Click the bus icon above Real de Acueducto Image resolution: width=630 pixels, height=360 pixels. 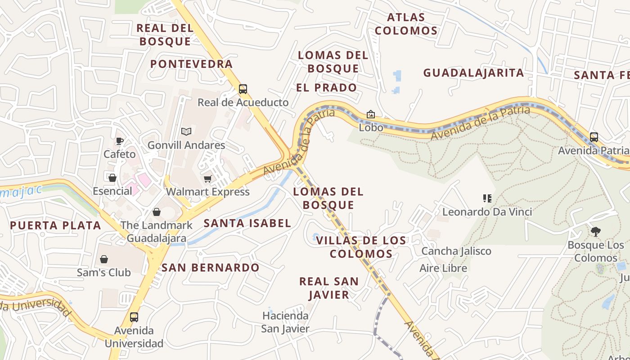pyautogui.click(x=243, y=89)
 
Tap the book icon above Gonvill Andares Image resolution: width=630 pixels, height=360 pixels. pyautogui.click(x=186, y=131)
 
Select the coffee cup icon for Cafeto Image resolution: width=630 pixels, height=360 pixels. pyautogui.click(x=119, y=141)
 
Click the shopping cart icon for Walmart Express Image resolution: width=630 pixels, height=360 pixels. pyautogui.click(x=207, y=179)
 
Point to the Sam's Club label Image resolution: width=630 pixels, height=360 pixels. pyautogui.click(x=104, y=272)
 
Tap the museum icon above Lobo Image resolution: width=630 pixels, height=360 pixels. pyautogui.click(x=370, y=114)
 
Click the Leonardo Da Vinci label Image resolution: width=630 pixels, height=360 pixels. pyautogui.click(x=487, y=211)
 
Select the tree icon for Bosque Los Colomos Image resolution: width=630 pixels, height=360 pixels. pyautogui.click(x=595, y=232)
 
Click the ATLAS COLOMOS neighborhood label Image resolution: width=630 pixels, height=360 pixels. pyautogui.click(x=406, y=24)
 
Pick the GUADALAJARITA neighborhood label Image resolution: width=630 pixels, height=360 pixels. pyautogui.click(x=474, y=72)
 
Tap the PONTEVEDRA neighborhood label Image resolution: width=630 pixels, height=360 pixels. pyautogui.click(x=191, y=64)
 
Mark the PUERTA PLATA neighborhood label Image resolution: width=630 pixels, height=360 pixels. pyautogui.click(x=56, y=225)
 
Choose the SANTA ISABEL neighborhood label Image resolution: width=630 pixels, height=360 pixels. pyautogui.click(x=247, y=223)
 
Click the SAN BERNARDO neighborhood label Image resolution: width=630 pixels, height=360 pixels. pyautogui.click(x=211, y=268)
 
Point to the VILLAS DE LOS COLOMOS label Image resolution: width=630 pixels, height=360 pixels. pyautogui.click(x=361, y=247)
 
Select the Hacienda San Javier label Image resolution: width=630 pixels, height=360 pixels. pyautogui.click(x=286, y=322)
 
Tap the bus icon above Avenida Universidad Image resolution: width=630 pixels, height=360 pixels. pyautogui.click(x=134, y=317)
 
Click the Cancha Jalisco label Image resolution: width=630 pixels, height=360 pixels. pyautogui.click(x=456, y=251)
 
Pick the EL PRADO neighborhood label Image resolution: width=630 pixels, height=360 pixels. pyautogui.click(x=327, y=88)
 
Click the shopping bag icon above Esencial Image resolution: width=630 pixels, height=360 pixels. pyautogui.click(x=112, y=178)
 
